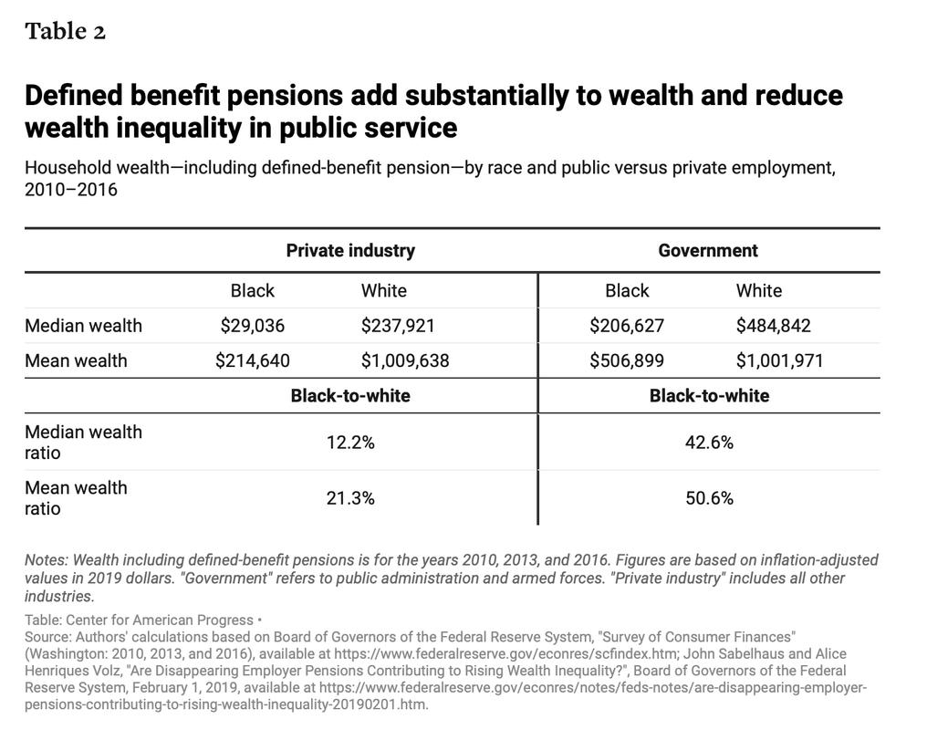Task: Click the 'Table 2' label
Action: click(x=65, y=31)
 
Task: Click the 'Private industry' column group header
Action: click(x=350, y=251)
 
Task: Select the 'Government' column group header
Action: click(x=708, y=251)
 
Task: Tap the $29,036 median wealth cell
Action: click(x=253, y=326)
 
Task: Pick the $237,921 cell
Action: click(x=398, y=326)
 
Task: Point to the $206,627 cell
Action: click(x=627, y=326)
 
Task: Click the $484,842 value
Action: click(x=774, y=326)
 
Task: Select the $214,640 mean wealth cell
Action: click(x=253, y=360)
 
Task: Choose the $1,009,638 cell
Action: click(x=405, y=360)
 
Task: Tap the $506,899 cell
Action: click(x=627, y=360)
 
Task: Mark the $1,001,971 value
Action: click(x=780, y=360)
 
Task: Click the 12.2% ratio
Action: click(x=350, y=443)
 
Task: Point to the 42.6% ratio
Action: click(x=710, y=443)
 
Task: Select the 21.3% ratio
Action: click(x=350, y=498)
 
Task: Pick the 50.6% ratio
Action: click(x=710, y=498)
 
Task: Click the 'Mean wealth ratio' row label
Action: click(x=77, y=498)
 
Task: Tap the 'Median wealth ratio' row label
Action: click(x=83, y=443)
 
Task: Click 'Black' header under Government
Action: click(x=627, y=291)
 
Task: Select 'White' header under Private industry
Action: click(x=384, y=291)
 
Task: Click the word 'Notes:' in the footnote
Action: click(x=47, y=559)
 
